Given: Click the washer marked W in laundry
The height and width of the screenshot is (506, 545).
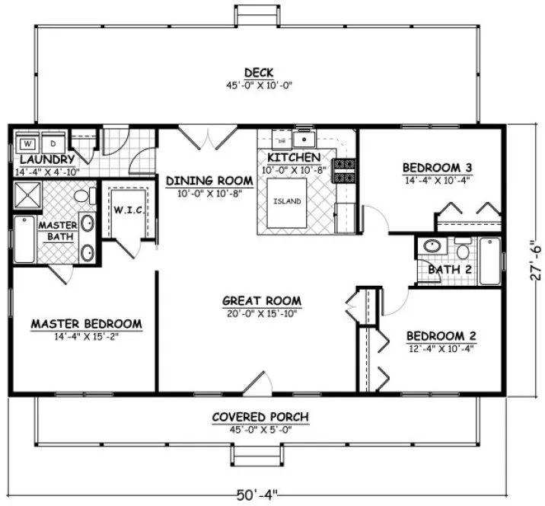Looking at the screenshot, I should (27, 143).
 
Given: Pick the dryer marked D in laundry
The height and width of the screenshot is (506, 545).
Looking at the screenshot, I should (53, 143).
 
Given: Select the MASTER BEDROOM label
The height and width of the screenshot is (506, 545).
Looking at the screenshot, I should (86, 324).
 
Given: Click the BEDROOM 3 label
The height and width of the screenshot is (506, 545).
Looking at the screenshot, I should (432, 168).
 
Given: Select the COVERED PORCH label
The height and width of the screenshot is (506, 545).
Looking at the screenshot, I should (260, 417).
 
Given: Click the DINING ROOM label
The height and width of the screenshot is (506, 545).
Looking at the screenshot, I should (209, 181).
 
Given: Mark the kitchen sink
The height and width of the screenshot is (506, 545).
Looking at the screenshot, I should (307, 139).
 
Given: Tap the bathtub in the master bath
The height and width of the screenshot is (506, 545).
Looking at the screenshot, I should (24, 239).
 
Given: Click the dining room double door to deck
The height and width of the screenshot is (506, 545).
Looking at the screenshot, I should (207, 139).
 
